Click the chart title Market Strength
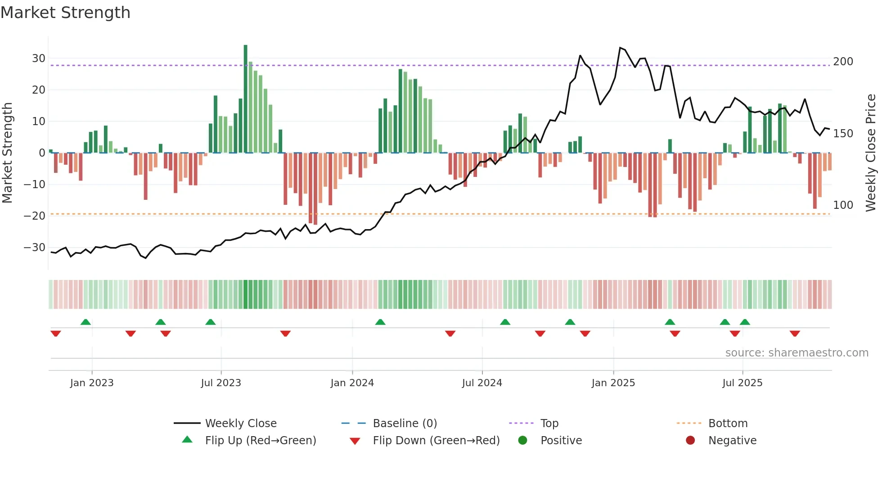tap(65, 13)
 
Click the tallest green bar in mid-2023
tap(245, 99)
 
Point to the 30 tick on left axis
tap(39, 59)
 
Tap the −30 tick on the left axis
tap(35, 248)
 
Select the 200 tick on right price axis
tap(843, 62)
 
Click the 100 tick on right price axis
tap(843, 205)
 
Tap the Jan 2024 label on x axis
tap(352, 383)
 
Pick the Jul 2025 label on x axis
tap(742, 383)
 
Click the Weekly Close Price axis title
tap(871, 153)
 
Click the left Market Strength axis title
tap(7, 153)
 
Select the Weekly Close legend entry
tap(241, 424)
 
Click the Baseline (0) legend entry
tap(405, 424)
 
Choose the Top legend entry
tap(549, 424)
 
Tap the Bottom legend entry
tap(728, 424)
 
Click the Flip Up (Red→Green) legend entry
tap(260, 441)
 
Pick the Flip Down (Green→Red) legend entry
tap(436, 441)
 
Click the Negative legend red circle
tap(690, 441)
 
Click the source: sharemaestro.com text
tap(796, 353)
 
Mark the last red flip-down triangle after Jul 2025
tap(795, 334)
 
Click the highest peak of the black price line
tap(620, 48)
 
